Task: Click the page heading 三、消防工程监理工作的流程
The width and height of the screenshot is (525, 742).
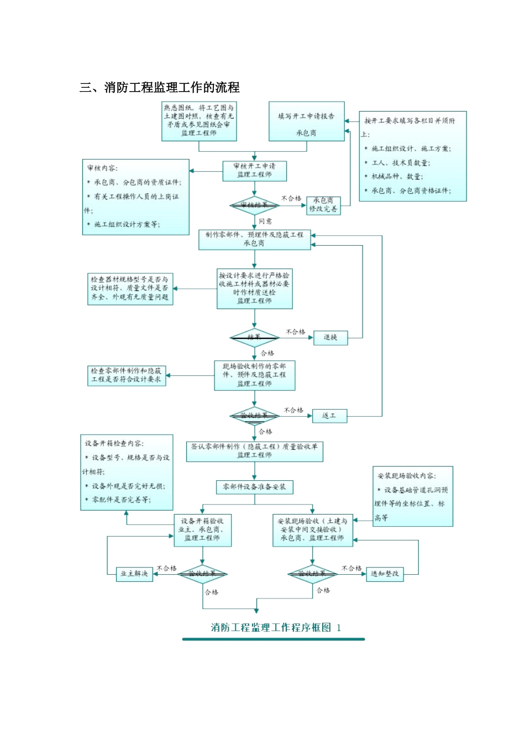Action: click(160, 87)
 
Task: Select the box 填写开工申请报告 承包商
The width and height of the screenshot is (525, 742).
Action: click(306, 121)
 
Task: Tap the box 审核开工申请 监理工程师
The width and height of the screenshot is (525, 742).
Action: click(254, 171)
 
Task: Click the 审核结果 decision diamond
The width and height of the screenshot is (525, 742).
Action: click(254, 205)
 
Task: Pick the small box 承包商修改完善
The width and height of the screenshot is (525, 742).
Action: click(323, 205)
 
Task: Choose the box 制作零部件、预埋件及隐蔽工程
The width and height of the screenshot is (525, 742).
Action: click(254, 239)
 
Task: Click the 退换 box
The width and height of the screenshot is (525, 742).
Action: click(330, 337)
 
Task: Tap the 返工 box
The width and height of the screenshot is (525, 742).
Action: click(329, 416)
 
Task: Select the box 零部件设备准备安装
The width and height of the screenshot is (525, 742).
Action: click(254, 487)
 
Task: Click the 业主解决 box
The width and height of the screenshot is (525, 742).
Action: click(134, 574)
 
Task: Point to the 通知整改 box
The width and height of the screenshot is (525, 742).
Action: click(385, 574)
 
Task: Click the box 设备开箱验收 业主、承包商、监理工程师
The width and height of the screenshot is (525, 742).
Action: click(202, 530)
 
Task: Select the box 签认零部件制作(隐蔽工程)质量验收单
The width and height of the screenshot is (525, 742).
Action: click(254, 451)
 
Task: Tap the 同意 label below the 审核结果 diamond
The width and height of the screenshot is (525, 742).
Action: click(265, 221)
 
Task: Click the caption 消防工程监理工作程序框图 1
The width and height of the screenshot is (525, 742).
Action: click(276, 628)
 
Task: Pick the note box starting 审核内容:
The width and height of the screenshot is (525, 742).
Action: click(135, 197)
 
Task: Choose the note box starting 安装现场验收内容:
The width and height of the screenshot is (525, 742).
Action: click(413, 496)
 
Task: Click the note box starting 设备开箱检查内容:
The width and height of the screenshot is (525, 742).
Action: click(127, 472)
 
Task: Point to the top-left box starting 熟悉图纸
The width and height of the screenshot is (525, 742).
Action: click(198, 120)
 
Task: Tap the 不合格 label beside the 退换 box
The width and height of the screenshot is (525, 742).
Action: click(295, 332)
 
